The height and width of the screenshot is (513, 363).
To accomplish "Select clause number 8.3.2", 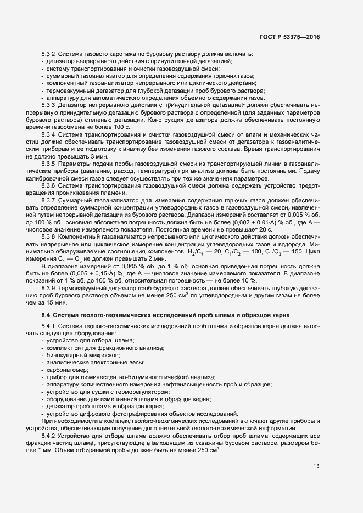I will pos(48,55).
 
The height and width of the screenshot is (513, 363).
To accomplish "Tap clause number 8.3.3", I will pos(48,105).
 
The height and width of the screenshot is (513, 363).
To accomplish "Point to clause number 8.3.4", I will pos(48,134).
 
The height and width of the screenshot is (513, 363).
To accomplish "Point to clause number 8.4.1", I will pos(48,327).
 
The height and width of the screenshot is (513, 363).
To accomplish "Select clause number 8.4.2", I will pos(48,435).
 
